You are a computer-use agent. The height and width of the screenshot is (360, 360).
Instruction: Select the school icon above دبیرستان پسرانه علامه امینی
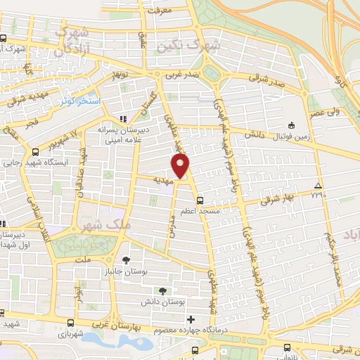[x=124, y=119]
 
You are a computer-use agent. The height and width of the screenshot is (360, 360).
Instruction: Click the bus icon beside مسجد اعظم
[x=200, y=199]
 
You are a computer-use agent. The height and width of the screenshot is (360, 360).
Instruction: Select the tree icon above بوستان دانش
[x=164, y=290]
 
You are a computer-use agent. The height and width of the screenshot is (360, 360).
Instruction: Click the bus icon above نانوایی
[x=287, y=347]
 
